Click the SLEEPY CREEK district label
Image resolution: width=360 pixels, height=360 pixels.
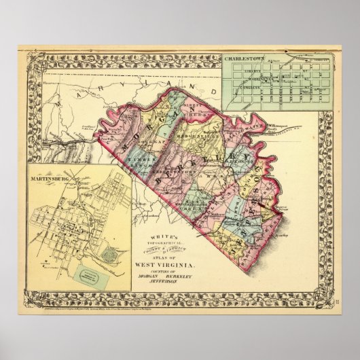178,108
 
